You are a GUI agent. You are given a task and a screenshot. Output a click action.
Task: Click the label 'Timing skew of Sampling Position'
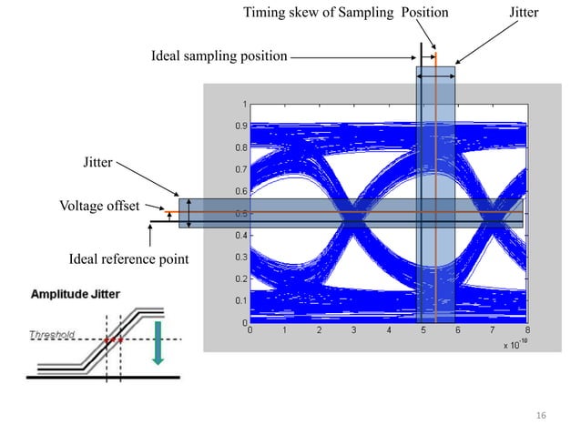coord(346,14)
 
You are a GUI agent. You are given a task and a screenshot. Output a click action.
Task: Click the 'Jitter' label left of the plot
coord(97,163)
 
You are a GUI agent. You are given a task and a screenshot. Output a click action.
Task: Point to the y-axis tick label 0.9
coord(240,126)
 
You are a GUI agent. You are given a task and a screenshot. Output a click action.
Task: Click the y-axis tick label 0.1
coord(240,300)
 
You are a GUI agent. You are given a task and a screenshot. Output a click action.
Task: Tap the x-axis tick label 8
coord(527,331)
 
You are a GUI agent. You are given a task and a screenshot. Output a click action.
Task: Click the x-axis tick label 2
coord(320,331)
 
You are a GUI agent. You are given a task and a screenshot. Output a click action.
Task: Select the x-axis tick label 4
coord(389,331)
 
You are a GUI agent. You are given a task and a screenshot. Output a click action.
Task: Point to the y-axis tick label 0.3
coord(240,257)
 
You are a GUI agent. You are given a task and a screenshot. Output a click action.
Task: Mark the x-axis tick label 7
coord(493,331)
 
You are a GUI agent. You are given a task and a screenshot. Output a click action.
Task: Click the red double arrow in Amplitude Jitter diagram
coord(114,340)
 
